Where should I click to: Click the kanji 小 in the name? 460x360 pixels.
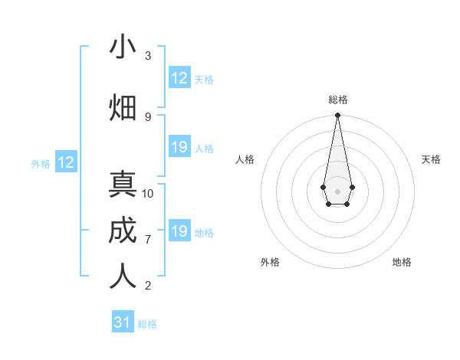(123, 47)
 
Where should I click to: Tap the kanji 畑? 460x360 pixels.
(123, 107)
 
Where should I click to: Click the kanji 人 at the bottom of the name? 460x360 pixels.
(123, 277)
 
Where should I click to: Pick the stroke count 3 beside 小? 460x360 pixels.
(148, 56)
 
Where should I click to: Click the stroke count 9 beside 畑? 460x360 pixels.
(148, 116)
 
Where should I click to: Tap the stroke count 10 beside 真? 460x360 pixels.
(148, 194)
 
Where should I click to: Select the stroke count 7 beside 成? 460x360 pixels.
(148, 240)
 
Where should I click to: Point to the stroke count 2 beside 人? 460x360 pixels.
(148, 286)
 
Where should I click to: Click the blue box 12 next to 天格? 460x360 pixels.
(179, 78)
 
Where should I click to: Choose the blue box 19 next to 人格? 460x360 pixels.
(179, 147)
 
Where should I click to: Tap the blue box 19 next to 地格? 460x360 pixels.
(179, 231)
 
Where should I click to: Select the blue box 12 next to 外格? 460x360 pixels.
(66, 162)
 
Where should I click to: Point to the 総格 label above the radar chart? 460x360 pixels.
(338, 100)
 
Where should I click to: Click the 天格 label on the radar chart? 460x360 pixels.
(431, 159)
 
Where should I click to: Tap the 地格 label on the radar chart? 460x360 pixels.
(402, 262)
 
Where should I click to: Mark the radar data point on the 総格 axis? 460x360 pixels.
(337, 116)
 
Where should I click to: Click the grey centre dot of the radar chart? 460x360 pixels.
(337, 190)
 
